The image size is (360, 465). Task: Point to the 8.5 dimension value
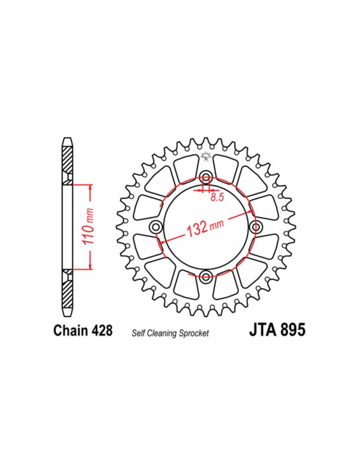(x=217, y=198)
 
